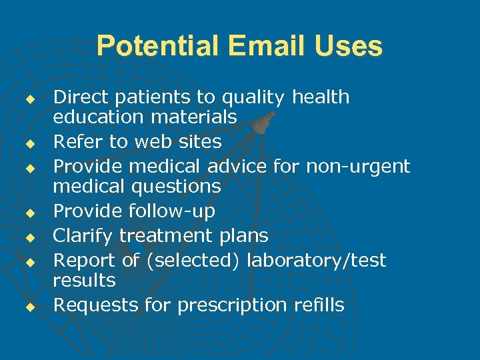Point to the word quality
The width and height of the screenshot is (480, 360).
[257, 98]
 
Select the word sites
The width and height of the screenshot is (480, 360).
[197, 141]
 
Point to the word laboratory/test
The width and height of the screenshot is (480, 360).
[316, 260]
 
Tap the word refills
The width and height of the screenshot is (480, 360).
[318, 305]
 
